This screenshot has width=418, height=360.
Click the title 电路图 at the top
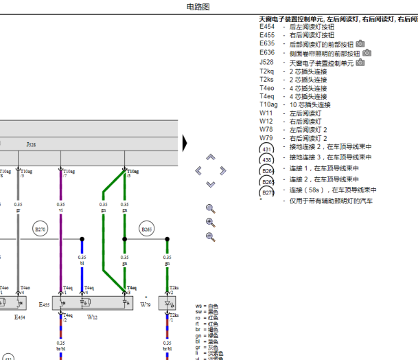(198, 6)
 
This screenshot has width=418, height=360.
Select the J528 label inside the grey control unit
(31, 145)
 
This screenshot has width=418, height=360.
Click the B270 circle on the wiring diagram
(40, 229)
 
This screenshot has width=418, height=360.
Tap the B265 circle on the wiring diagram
(146, 229)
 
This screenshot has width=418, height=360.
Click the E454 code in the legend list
(267, 27)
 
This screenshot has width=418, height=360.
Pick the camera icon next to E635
(360, 43)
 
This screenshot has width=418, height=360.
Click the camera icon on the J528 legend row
(360, 62)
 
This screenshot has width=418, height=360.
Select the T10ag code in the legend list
(269, 105)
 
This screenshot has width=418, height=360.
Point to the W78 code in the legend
(266, 129)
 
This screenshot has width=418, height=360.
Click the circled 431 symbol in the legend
(268, 149)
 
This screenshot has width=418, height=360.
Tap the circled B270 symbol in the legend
(268, 192)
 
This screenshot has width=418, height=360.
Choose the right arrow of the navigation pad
(222, 170)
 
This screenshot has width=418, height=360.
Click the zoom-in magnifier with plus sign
(211, 222)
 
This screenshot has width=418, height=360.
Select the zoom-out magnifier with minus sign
(211, 236)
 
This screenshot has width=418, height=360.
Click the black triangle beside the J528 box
(185, 142)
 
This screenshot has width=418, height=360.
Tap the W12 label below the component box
(91, 317)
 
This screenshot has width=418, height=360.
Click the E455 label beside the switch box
(45, 304)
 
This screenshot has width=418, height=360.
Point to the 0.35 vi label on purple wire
(60, 207)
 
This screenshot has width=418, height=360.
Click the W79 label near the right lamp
(146, 304)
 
